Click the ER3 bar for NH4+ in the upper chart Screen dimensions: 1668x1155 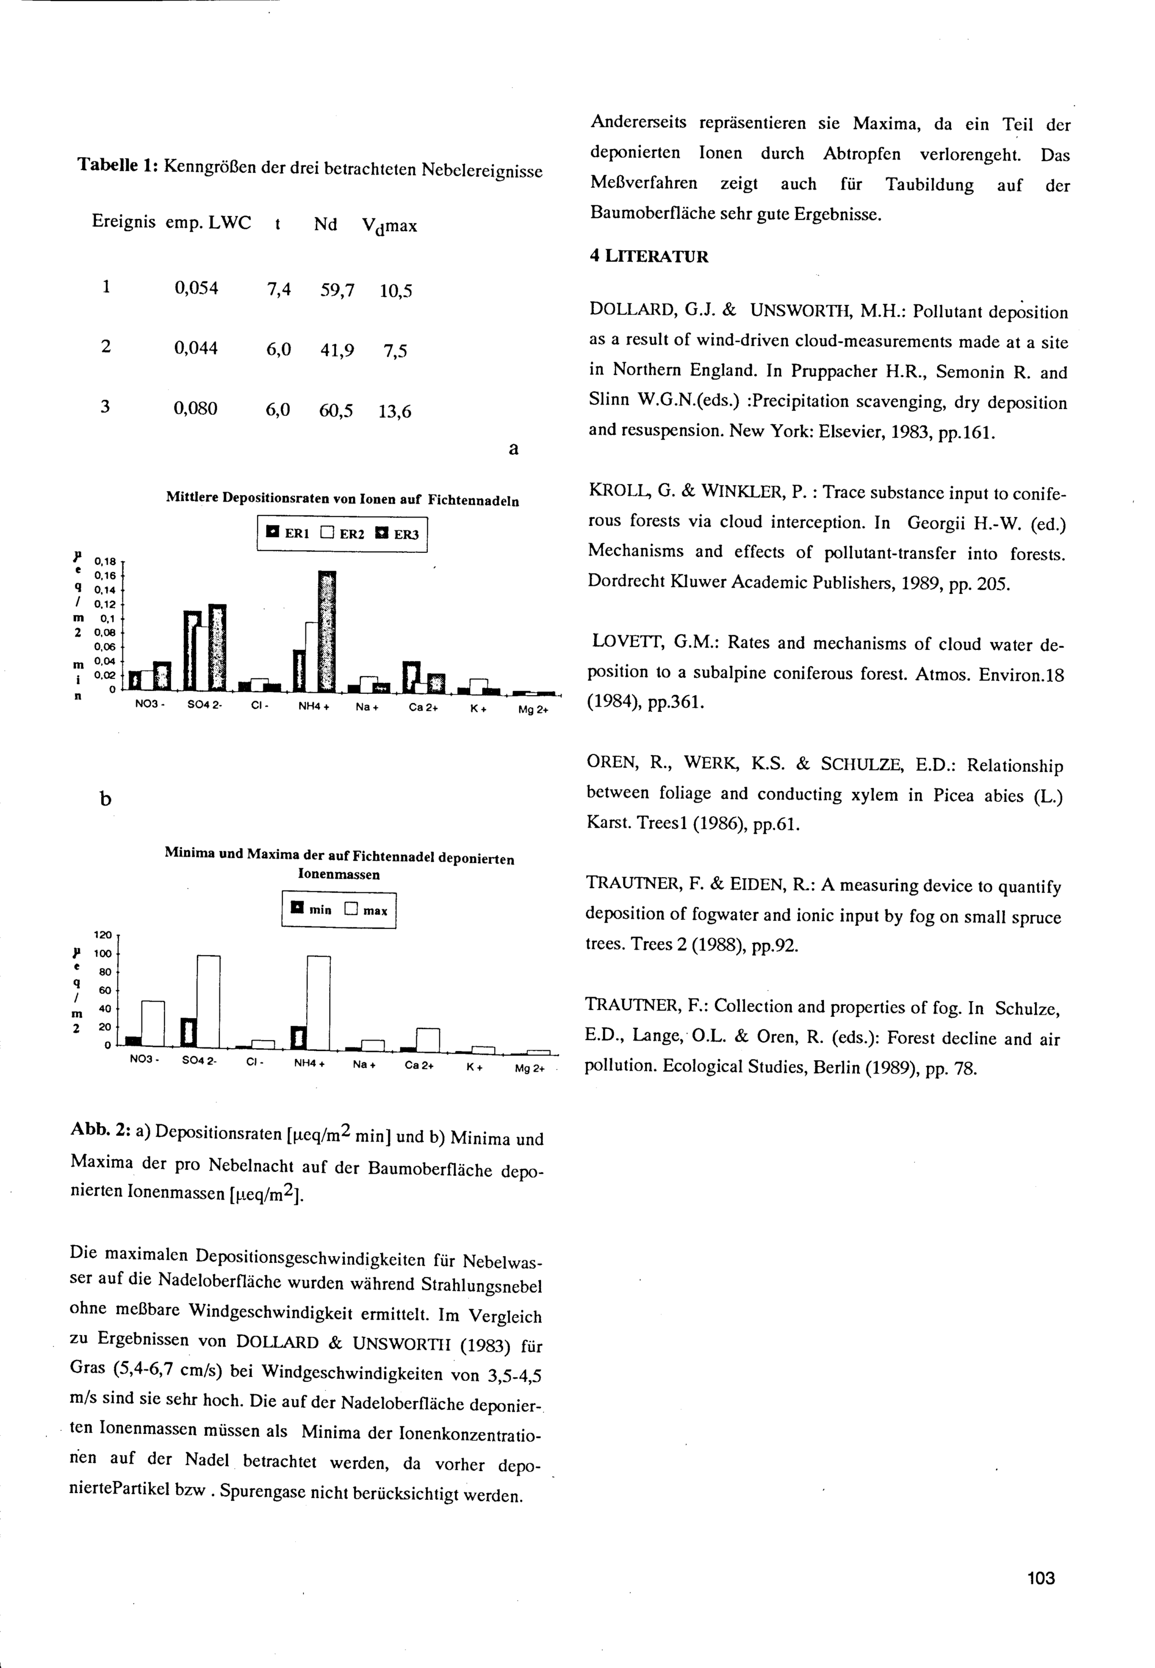328,631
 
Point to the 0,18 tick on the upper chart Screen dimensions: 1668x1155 107,560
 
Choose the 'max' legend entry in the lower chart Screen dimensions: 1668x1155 368,911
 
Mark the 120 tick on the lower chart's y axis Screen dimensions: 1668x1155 103,935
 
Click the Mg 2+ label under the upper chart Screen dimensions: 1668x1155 534,710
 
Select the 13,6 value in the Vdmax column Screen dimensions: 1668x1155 395,412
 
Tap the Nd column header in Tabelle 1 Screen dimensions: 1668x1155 326,225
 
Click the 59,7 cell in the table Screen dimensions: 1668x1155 337,290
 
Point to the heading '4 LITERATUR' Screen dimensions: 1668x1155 649,257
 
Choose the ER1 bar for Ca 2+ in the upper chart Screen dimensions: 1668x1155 412,676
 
